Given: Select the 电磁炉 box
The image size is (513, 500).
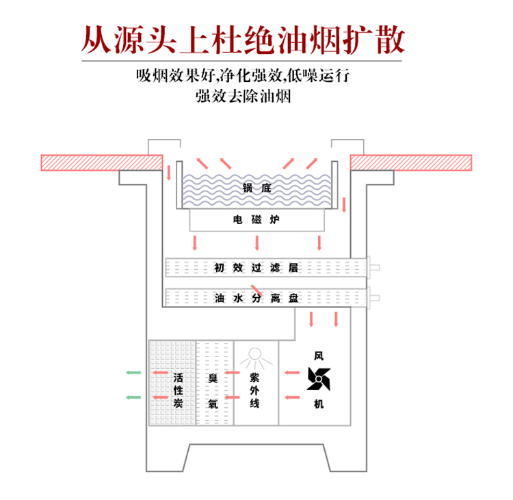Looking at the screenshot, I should point(256,220).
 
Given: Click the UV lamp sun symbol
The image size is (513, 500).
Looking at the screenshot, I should point(254,355).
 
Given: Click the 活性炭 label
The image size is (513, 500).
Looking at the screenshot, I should point(178,391).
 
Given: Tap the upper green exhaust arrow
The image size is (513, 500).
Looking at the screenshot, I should point(133,373).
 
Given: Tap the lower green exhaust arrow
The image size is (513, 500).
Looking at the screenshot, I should point(133,397).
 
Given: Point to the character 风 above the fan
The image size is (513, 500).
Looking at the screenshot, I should point(318,356).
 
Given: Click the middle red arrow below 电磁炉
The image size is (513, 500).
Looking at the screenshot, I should point(256,243).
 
